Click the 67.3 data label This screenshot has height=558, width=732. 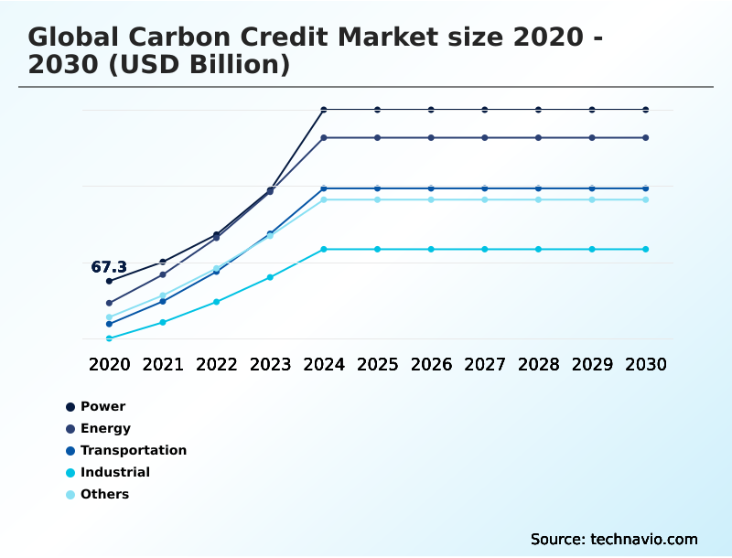[x=109, y=267]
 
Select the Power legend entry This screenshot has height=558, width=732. [x=102, y=406]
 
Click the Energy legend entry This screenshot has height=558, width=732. [x=105, y=428]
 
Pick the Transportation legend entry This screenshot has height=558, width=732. [x=133, y=450]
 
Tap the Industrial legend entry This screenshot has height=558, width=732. [x=114, y=472]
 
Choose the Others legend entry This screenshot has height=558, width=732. [x=104, y=494]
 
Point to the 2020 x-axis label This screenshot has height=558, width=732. [x=109, y=364]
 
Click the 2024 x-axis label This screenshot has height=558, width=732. [x=324, y=364]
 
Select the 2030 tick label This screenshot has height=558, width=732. [x=646, y=364]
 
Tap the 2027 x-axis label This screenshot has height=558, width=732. [x=485, y=364]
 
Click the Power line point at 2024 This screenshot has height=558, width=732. [x=324, y=110]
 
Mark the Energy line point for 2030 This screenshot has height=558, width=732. [x=646, y=138]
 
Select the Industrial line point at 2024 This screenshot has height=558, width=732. [x=324, y=249]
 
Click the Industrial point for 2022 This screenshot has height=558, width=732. [x=217, y=302]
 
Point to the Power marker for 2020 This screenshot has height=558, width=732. [x=109, y=281]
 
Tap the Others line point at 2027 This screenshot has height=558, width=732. [x=485, y=199]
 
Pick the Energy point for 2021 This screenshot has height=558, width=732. [x=163, y=274]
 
